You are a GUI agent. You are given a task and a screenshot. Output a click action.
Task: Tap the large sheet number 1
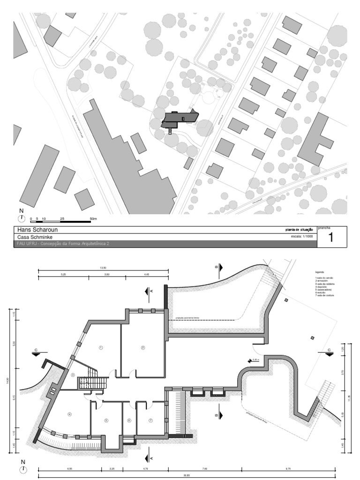point(331,237)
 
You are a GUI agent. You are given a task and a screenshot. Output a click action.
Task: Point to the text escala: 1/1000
point(302,237)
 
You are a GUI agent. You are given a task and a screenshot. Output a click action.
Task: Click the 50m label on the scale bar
point(93,218)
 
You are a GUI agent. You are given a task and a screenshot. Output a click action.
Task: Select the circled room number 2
point(142,347)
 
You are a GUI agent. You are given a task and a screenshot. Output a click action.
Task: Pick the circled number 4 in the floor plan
point(69,414)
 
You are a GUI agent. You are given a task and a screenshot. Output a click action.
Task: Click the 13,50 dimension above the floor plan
point(103,268)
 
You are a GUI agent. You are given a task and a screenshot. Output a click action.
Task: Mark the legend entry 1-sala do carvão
point(324,278)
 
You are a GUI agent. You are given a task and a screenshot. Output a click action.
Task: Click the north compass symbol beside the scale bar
point(21,217)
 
